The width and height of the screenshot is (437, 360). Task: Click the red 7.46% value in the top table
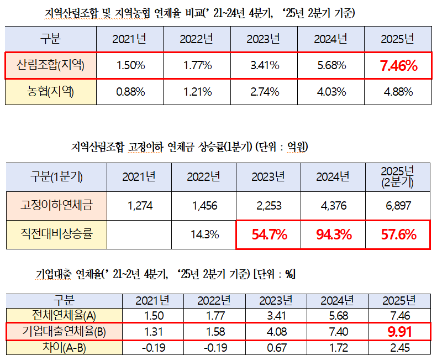click(398, 66)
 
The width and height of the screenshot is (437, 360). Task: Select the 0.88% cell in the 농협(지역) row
click(130, 92)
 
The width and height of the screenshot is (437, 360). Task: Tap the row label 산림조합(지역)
click(51, 66)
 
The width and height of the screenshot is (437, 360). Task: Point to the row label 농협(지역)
click(51, 92)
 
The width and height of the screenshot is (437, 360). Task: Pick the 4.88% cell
click(398, 92)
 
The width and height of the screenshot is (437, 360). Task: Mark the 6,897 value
click(398, 206)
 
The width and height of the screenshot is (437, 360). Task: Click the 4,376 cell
click(334, 206)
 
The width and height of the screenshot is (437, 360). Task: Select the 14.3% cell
click(203, 234)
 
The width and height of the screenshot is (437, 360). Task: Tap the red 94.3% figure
click(334, 234)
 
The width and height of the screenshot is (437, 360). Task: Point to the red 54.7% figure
click(268, 234)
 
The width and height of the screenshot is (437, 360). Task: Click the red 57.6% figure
click(398, 234)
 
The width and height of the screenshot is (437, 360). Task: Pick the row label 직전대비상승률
click(56, 234)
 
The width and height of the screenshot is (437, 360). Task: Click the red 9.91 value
click(398, 332)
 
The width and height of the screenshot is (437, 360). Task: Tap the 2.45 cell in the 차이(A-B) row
click(398, 348)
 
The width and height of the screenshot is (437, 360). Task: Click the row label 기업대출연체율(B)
click(64, 332)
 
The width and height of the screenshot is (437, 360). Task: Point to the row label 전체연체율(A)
click(64, 316)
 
